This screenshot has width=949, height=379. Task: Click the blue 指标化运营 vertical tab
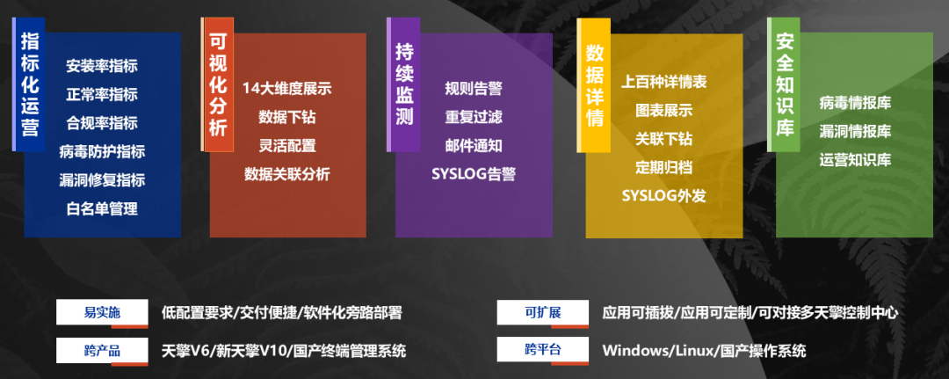[x=28, y=84]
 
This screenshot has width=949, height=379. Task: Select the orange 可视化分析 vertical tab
[x=217, y=84]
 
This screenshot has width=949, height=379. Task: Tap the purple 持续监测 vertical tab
[x=403, y=84]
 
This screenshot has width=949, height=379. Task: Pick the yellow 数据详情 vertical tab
[x=594, y=84]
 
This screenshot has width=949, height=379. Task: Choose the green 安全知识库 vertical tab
[x=784, y=84]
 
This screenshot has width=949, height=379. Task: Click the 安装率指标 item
[x=102, y=66]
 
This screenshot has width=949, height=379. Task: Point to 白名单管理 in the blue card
[x=102, y=209]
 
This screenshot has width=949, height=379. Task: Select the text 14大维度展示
[x=286, y=89]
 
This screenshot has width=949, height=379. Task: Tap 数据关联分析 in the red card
[x=286, y=174]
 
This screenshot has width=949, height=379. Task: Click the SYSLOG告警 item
[x=474, y=174]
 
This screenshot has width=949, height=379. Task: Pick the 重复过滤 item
[x=474, y=117]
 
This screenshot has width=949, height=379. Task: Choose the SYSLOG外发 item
[x=664, y=196]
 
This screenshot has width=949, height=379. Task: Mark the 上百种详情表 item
[x=664, y=82]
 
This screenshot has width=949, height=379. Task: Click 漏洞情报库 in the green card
[x=855, y=131]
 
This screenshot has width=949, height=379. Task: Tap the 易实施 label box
[x=102, y=313]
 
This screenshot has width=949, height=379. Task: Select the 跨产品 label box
[x=102, y=351]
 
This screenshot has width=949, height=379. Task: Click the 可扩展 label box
[x=543, y=313]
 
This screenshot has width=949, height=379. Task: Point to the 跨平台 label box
[x=543, y=351]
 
